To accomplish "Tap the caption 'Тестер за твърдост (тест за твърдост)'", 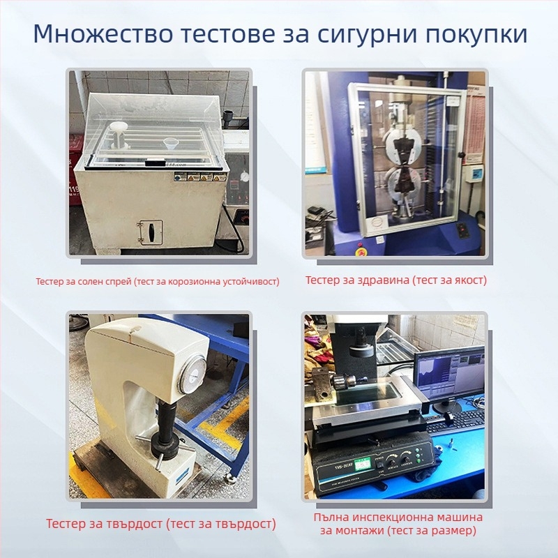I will [x=160, y=524].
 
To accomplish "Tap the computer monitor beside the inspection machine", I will [x=449, y=375].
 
